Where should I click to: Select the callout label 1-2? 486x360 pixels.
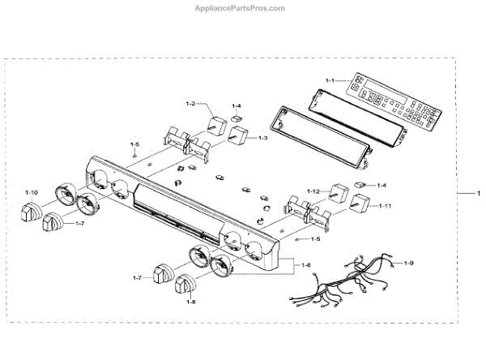tap(191, 104)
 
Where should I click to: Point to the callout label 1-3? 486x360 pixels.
tap(262, 138)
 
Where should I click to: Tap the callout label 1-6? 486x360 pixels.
tap(305, 265)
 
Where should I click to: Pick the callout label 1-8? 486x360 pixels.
tap(191, 302)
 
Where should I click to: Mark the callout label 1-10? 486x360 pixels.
tap(31, 192)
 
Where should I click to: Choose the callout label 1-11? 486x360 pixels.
tap(386, 206)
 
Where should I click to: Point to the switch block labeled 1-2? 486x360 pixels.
tap(216, 123)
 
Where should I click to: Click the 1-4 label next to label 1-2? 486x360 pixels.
tap(237, 105)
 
